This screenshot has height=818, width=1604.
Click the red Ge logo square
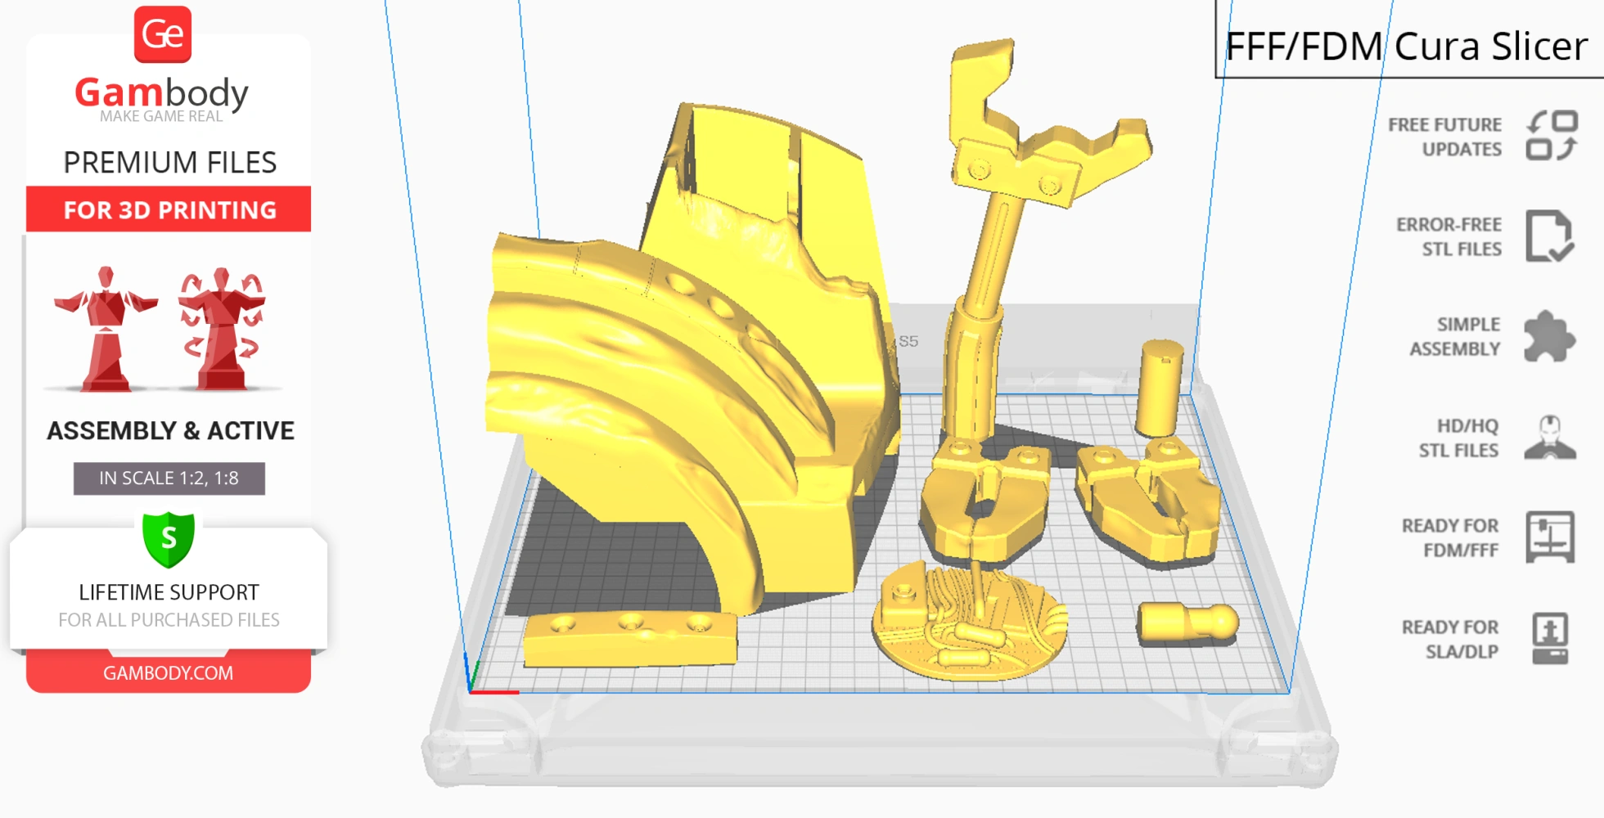click(x=163, y=34)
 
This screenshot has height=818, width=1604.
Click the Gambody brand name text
click(x=161, y=93)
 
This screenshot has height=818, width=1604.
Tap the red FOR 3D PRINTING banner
click(x=169, y=209)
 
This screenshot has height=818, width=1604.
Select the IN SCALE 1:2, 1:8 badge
click(x=169, y=479)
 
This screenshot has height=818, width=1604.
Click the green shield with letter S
click(x=169, y=539)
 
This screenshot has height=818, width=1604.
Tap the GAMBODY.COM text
click(x=168, y=673)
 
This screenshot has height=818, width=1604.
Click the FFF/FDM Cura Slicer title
click(x=1405, y=47)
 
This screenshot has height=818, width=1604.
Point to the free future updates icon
click(x=1552, y=136)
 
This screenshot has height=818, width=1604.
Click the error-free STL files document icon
click(x=1548, y=236)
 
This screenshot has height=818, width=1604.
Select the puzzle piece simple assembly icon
click(x=1548, y=336)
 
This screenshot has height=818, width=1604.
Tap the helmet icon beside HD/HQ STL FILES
click(x=1549, y=438)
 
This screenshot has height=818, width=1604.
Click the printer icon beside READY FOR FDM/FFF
click(x=1549, y=537)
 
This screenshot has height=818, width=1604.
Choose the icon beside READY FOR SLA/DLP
click(x=1549, y=638)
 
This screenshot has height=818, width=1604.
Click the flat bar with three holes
click(x=629, y=639)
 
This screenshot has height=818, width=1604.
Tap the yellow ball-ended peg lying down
click(x=1187, y=623)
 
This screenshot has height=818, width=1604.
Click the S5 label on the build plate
click(x=908, y=341)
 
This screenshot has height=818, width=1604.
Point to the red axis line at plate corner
click(x=496, y=692)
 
